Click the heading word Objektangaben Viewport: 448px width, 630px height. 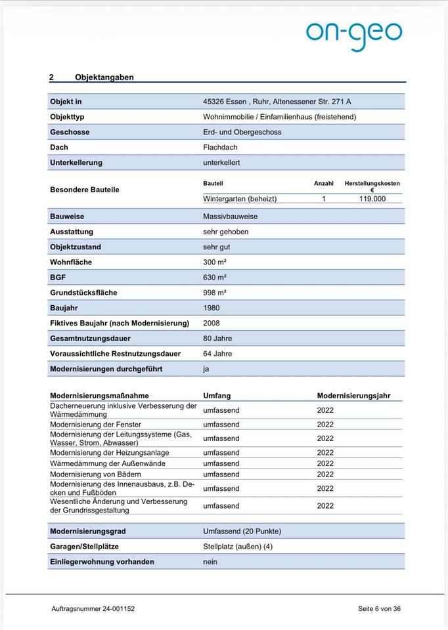point(104,77)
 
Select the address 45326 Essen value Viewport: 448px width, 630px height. point(277,102)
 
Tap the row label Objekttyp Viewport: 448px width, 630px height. point(67,117)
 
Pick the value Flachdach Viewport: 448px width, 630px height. point(220,148)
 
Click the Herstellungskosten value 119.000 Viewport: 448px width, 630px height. point(372,198)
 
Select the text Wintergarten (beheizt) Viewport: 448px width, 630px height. point(240,198)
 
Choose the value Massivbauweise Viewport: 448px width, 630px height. point(230,217)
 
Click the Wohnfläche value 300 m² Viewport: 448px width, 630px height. point(215,262)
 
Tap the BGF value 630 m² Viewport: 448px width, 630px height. point(215,278)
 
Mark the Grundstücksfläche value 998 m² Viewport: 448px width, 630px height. point(215,293)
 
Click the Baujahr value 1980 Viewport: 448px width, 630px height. point(212,308)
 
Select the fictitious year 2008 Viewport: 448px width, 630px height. point(212,323)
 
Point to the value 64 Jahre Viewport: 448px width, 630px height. point(217,354)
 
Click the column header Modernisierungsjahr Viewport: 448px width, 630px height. point(353,396)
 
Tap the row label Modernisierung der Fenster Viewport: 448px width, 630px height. point(95,425)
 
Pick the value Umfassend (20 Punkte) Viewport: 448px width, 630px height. point(242,531)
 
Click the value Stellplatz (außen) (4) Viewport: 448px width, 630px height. point(237,547)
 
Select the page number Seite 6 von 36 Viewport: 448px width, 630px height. point(379,609)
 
